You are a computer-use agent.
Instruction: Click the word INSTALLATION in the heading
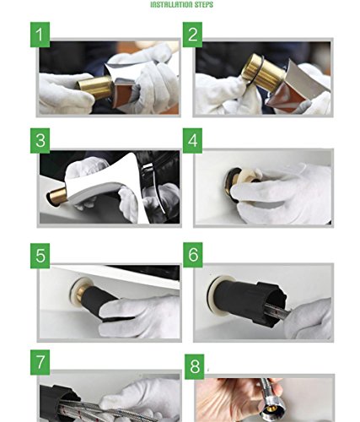pyautogui.click(x=172, y=4)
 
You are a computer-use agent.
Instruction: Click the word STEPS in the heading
pyautogui.click(x=204, y=4)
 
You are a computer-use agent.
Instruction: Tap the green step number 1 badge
pyautogui.click(x=40, y=35)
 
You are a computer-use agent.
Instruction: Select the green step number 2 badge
pyautogui.click(x=192, y=35)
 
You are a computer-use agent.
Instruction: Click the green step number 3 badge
pyautogui.click(x=40, y=141)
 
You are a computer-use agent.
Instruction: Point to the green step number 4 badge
pyautogui.click(x=192, y=141)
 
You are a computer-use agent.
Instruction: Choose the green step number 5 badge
pyautogui.click(x=40, y=256)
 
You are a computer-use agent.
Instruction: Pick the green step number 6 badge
pyautogui.click(x=193, y=255)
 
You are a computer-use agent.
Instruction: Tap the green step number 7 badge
pyautogui.click(x=40, y=362)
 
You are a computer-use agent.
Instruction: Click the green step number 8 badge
pyautogui.click(x=194, y=366)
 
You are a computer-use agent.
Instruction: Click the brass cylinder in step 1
pyautogui.click(x=95, y=86)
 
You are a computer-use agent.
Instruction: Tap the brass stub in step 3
pyautogui.click(x=57, y=197)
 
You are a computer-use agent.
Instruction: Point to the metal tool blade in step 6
pyautogui.click(x=277, y=311)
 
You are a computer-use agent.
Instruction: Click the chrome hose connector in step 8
pyautogui.click(x=267, y=405)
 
